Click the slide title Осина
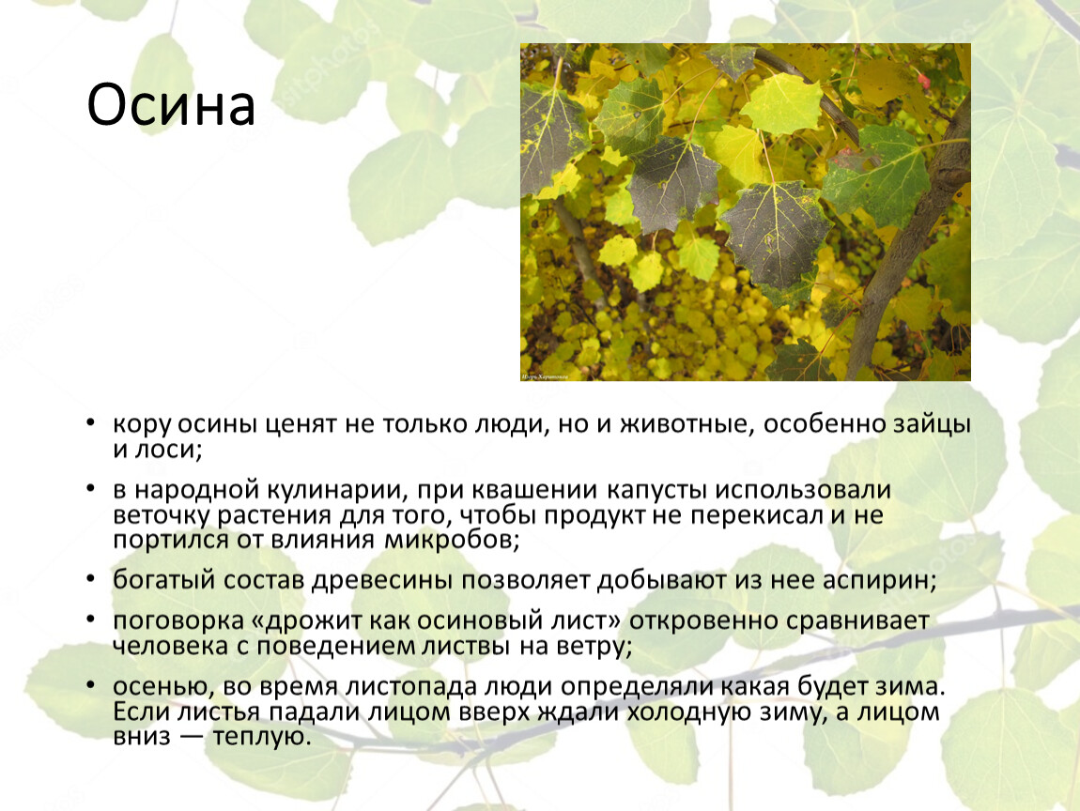coord(171,106)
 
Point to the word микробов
coord(449,540)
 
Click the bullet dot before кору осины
coord(89,423)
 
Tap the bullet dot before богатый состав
coord(89,578)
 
